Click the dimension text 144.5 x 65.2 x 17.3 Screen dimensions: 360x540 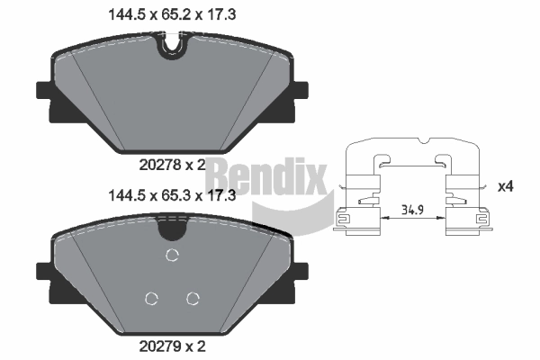(170, 13)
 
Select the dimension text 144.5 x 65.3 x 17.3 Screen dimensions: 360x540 (170, 194)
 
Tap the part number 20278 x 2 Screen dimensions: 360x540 (170, 164)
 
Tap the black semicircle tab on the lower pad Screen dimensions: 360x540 (171, 229)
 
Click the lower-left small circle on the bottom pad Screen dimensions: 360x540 (152, 299)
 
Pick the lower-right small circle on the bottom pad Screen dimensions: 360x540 (192, 299)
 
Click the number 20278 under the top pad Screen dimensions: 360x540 (158, 164)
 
